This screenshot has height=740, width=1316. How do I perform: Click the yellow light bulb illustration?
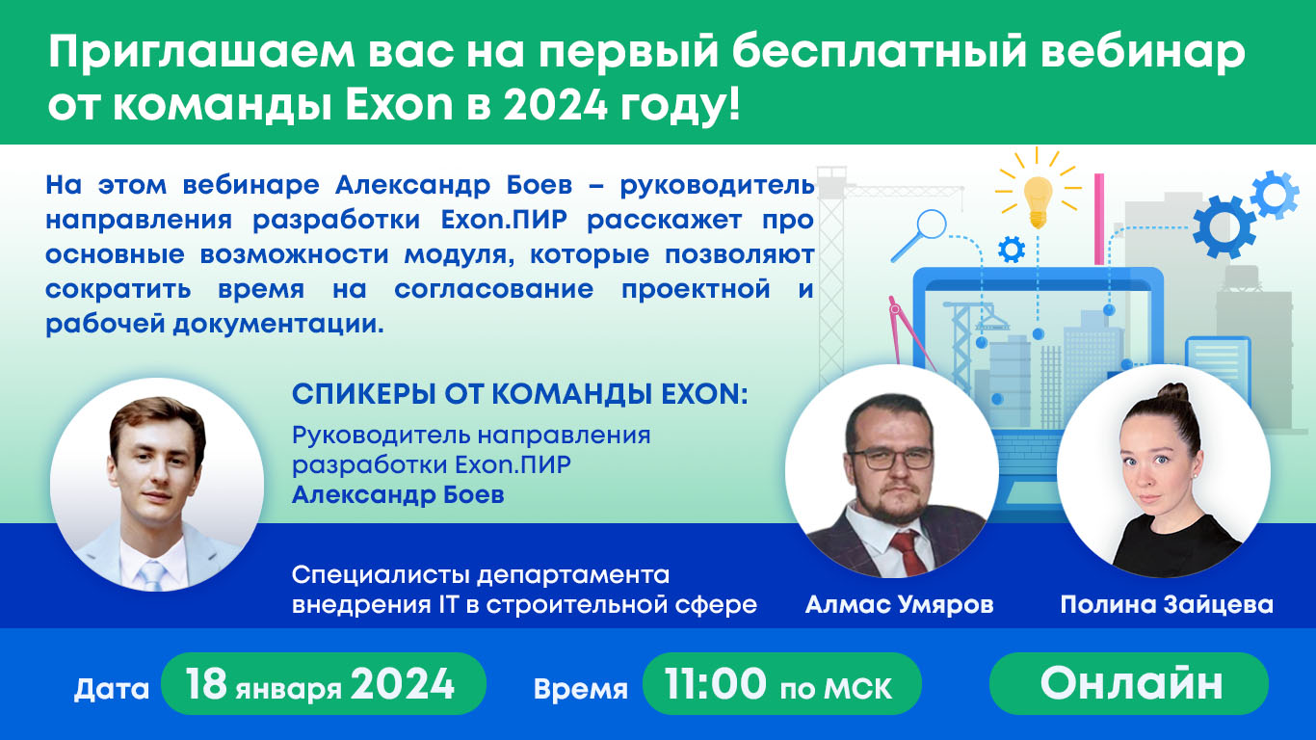1038,198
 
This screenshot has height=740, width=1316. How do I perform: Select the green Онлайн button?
1129,683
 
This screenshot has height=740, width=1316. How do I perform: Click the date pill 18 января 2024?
322,684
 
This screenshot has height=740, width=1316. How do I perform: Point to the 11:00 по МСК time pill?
780,685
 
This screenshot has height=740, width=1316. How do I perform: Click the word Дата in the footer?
112,689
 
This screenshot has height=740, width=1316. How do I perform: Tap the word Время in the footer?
580,689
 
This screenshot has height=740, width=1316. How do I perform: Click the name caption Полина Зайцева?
1166,605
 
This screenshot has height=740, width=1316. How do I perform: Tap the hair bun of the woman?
1171,394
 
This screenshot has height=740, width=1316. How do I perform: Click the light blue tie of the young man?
152,576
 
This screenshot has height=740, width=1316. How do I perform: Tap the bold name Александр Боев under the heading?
398,495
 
